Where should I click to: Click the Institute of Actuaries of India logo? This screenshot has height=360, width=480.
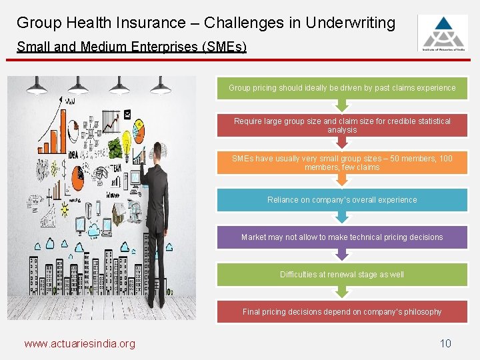tap(442, 33)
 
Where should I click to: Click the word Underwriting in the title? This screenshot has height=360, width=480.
tap(351, 23)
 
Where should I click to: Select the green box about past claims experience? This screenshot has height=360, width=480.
tap(342, 88)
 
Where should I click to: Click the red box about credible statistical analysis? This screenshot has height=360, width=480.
tap(342, 125)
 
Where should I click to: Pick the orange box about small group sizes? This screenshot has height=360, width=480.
tap(342, 163)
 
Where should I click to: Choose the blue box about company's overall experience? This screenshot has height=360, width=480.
tap(342, 200)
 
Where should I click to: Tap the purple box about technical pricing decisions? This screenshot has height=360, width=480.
tap(342, 237)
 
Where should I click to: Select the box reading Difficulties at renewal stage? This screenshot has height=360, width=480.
tap(342, 275)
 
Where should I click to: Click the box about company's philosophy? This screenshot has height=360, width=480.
tap(342, 312)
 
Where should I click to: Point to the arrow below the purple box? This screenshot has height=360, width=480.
tap(342, 254)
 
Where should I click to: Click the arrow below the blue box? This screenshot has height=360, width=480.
tap(342, 217)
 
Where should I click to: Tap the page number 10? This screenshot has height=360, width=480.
tap(445, 343)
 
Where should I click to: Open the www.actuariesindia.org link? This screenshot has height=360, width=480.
tap(79, 344)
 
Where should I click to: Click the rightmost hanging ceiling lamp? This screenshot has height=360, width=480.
tap(161, 87)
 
